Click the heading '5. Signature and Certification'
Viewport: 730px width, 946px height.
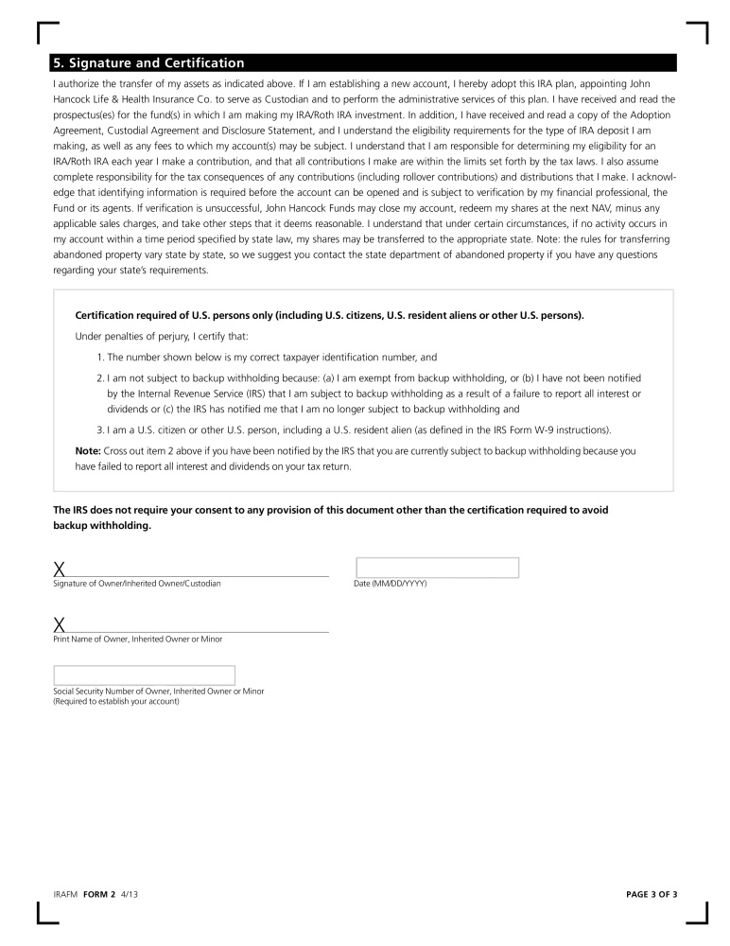[149, 63]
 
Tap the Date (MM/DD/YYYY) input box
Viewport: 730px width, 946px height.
[437, 568]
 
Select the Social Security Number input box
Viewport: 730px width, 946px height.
[145, 675]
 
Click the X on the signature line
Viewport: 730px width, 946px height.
[60, 569]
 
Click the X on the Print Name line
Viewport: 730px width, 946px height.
[60, 624]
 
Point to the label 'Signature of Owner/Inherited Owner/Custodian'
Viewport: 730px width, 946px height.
[137, 584]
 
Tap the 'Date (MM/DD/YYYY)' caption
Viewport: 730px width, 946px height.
[391, 584]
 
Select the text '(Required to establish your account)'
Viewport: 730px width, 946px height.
[116, 701]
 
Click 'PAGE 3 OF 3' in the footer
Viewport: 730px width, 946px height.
[652, 894]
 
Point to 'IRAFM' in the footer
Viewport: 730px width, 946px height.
[64, 894]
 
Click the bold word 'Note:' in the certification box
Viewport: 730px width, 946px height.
[88, 450]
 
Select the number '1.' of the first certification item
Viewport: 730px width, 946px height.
[100, 357]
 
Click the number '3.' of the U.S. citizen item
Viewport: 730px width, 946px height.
[100, 429]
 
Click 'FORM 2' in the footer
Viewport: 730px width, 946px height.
[99, 894]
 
